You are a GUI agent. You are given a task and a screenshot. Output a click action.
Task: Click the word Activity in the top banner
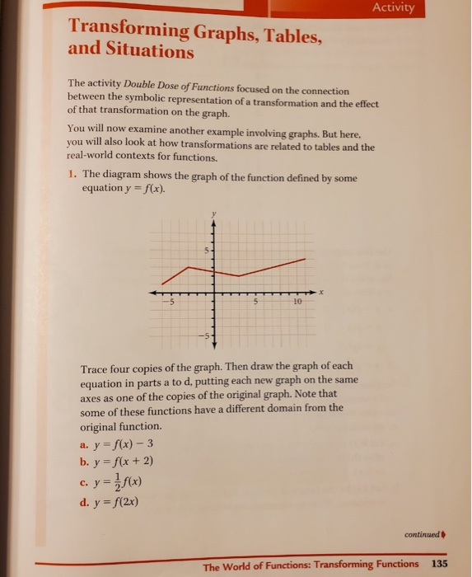pos(398,9)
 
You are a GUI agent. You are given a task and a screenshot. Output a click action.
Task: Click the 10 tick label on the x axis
pos(297,302)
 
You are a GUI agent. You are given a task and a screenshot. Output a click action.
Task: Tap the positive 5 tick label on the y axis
pos(208,249)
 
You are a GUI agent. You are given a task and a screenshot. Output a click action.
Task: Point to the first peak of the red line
pos(189,265)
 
